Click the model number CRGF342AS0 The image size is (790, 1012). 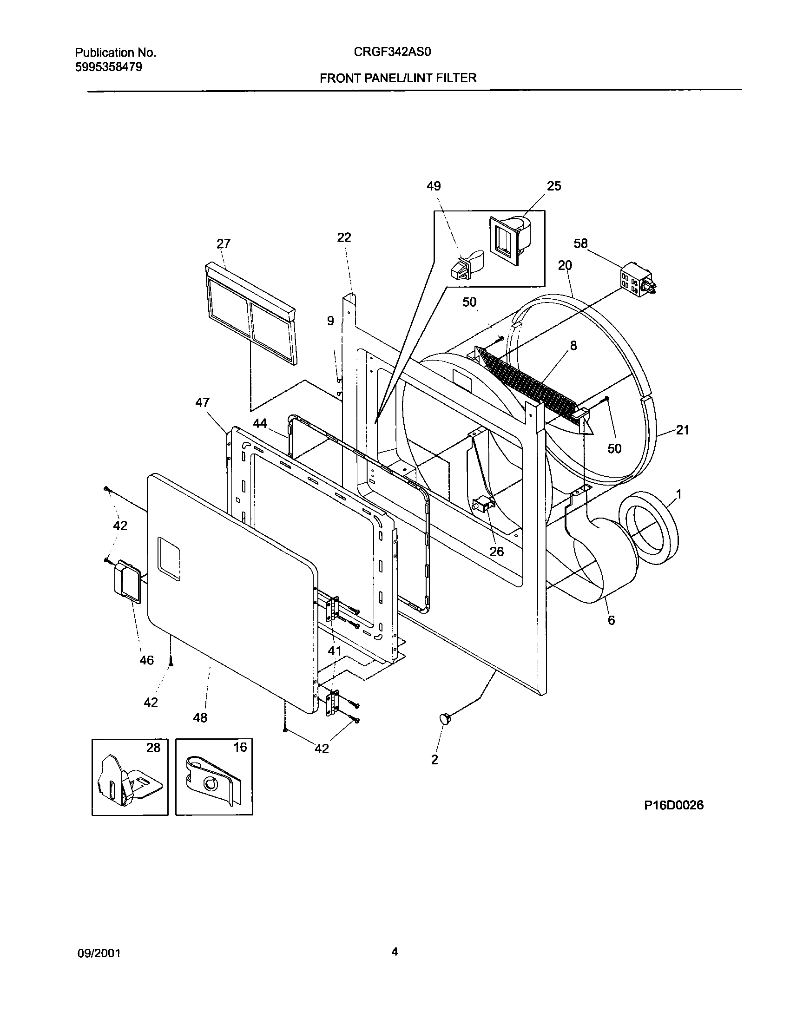(393, 52)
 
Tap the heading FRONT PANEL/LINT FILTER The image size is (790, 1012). (398, 78)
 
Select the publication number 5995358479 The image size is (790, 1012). (108, 67)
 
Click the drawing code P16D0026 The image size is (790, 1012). (673, 805)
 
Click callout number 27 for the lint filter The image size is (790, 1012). (224, 244)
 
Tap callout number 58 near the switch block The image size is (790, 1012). (581, 243)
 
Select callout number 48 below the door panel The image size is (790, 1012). (200, 717)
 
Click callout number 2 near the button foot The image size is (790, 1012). (434, 759)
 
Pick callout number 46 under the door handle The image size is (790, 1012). (146, 660)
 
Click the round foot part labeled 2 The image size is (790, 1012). (445, 719)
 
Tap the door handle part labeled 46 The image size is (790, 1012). (126, 581)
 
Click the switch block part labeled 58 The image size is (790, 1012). (638, 281)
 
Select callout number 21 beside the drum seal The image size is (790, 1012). (682, 430)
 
